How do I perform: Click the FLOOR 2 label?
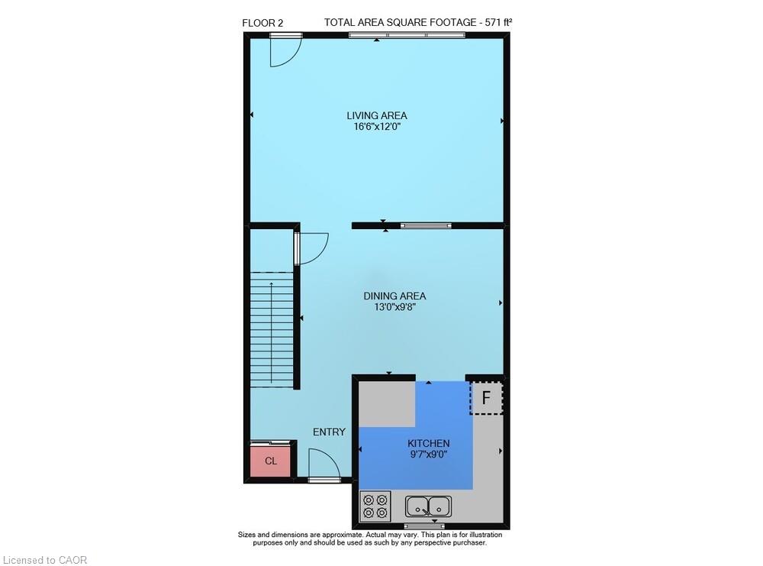coord(262,23)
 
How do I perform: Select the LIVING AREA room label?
coord(377,116)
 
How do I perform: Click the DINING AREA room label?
coord(394,296)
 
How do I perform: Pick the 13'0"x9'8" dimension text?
coord(394,307)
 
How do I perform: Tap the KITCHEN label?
coord(428,443)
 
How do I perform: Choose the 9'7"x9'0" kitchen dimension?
coord(428,454)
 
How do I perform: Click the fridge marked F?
coord(486,398)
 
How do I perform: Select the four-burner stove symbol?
coord(375,506)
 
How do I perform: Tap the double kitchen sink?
coord(429,506)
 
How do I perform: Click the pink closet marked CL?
coord(271,461)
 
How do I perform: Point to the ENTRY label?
coord(329,432)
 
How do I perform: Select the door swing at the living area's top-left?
coord(285,50)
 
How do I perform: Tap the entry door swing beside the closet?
coord(324,464)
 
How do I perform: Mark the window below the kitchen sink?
coord(424,526)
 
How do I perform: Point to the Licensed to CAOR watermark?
coord(44,560)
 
